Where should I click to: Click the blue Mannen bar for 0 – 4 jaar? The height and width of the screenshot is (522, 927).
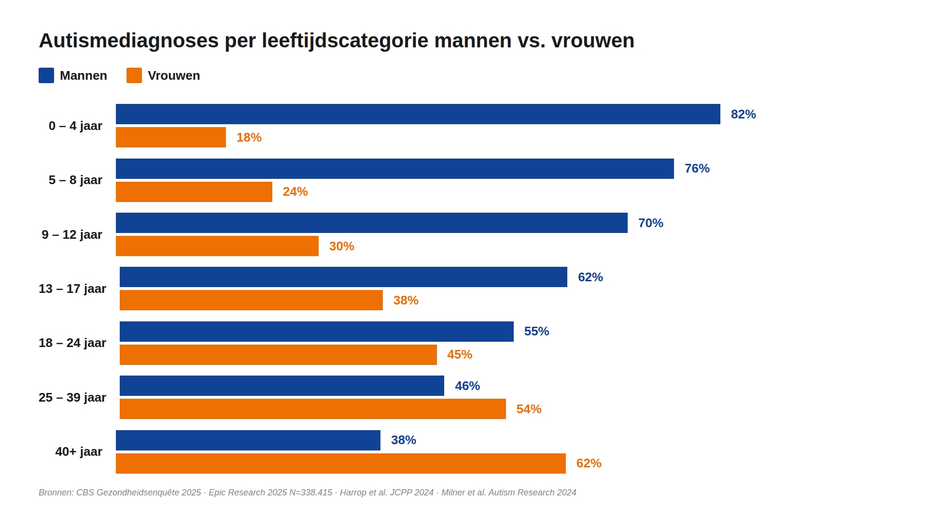pyautogui.click(x=418, y=114)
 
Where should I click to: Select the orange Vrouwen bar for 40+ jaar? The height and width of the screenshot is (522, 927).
pyautogui.click(x=340, y=464)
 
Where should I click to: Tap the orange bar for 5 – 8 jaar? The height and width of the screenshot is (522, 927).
pyautogui.click(x=194, y=192)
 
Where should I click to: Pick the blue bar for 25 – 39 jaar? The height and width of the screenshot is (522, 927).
pyautogui.click(x=281, y=386)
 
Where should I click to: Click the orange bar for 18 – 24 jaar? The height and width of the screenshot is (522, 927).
pyautogui.click(x=278, y=355)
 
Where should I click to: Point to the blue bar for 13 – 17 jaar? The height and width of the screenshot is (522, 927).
pyautogui.click(x=343, y=277)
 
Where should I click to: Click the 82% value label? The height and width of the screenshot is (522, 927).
pyautogui.click(x=743, y=115)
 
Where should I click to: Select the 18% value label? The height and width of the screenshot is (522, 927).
pyautogui.click(x=249, y=138)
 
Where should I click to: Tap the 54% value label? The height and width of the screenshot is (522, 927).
pyautogui.click(x=529, y=409)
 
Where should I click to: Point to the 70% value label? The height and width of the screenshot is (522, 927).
pyautogui.click(x=650, y=223)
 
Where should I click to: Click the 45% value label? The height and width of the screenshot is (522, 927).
pyautogui.click(x=459, y=355)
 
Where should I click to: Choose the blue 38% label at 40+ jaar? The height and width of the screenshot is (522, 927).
pyautogui.click(x=403, y=440)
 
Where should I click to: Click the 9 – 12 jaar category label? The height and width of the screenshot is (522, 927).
pyautogui.click(x=72, y=235)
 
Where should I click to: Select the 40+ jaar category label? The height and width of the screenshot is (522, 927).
pyautogui.click(x=79, y=452)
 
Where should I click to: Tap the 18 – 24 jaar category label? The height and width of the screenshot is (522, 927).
pyautogui.click(x=72, y=343)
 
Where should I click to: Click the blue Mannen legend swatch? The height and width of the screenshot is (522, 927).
pyautogui.click(x=46, y=75)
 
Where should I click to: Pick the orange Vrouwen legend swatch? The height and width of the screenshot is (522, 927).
pyautogui.click(x=134, y=75)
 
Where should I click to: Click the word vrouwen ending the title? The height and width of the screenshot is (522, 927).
pyautogui.click(x=593, y=41)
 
